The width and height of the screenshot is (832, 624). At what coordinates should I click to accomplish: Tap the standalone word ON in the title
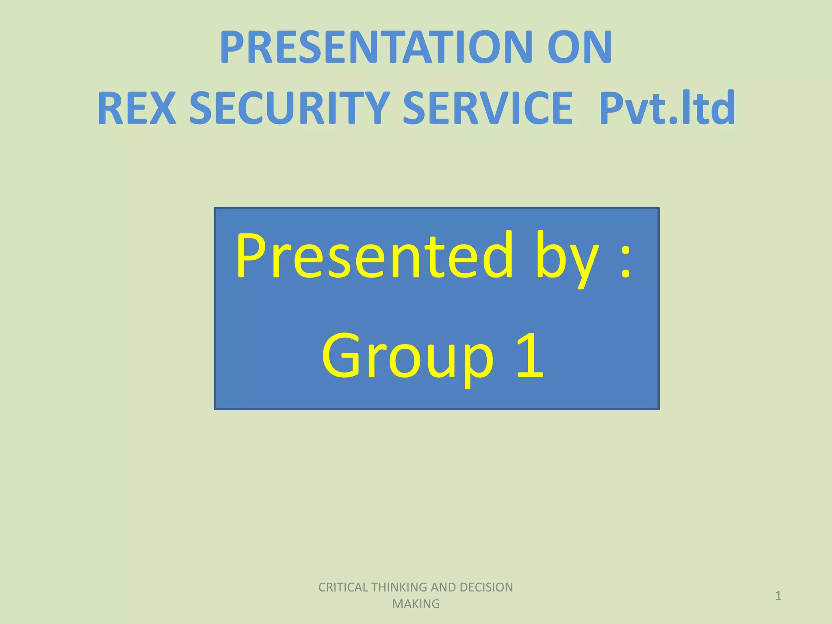pos(579,48)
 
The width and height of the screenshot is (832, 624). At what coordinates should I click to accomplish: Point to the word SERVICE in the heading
pos(487,108)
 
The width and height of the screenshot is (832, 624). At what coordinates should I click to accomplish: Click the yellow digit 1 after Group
pos(530,355)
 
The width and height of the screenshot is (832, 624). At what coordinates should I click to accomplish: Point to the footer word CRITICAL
pos(343,587)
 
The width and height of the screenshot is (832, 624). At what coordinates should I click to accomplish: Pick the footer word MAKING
pos(416,604)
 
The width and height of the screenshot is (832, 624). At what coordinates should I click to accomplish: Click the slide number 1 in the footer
pos(778,596)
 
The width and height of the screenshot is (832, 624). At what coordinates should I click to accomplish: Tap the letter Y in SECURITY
pos(376,108)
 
